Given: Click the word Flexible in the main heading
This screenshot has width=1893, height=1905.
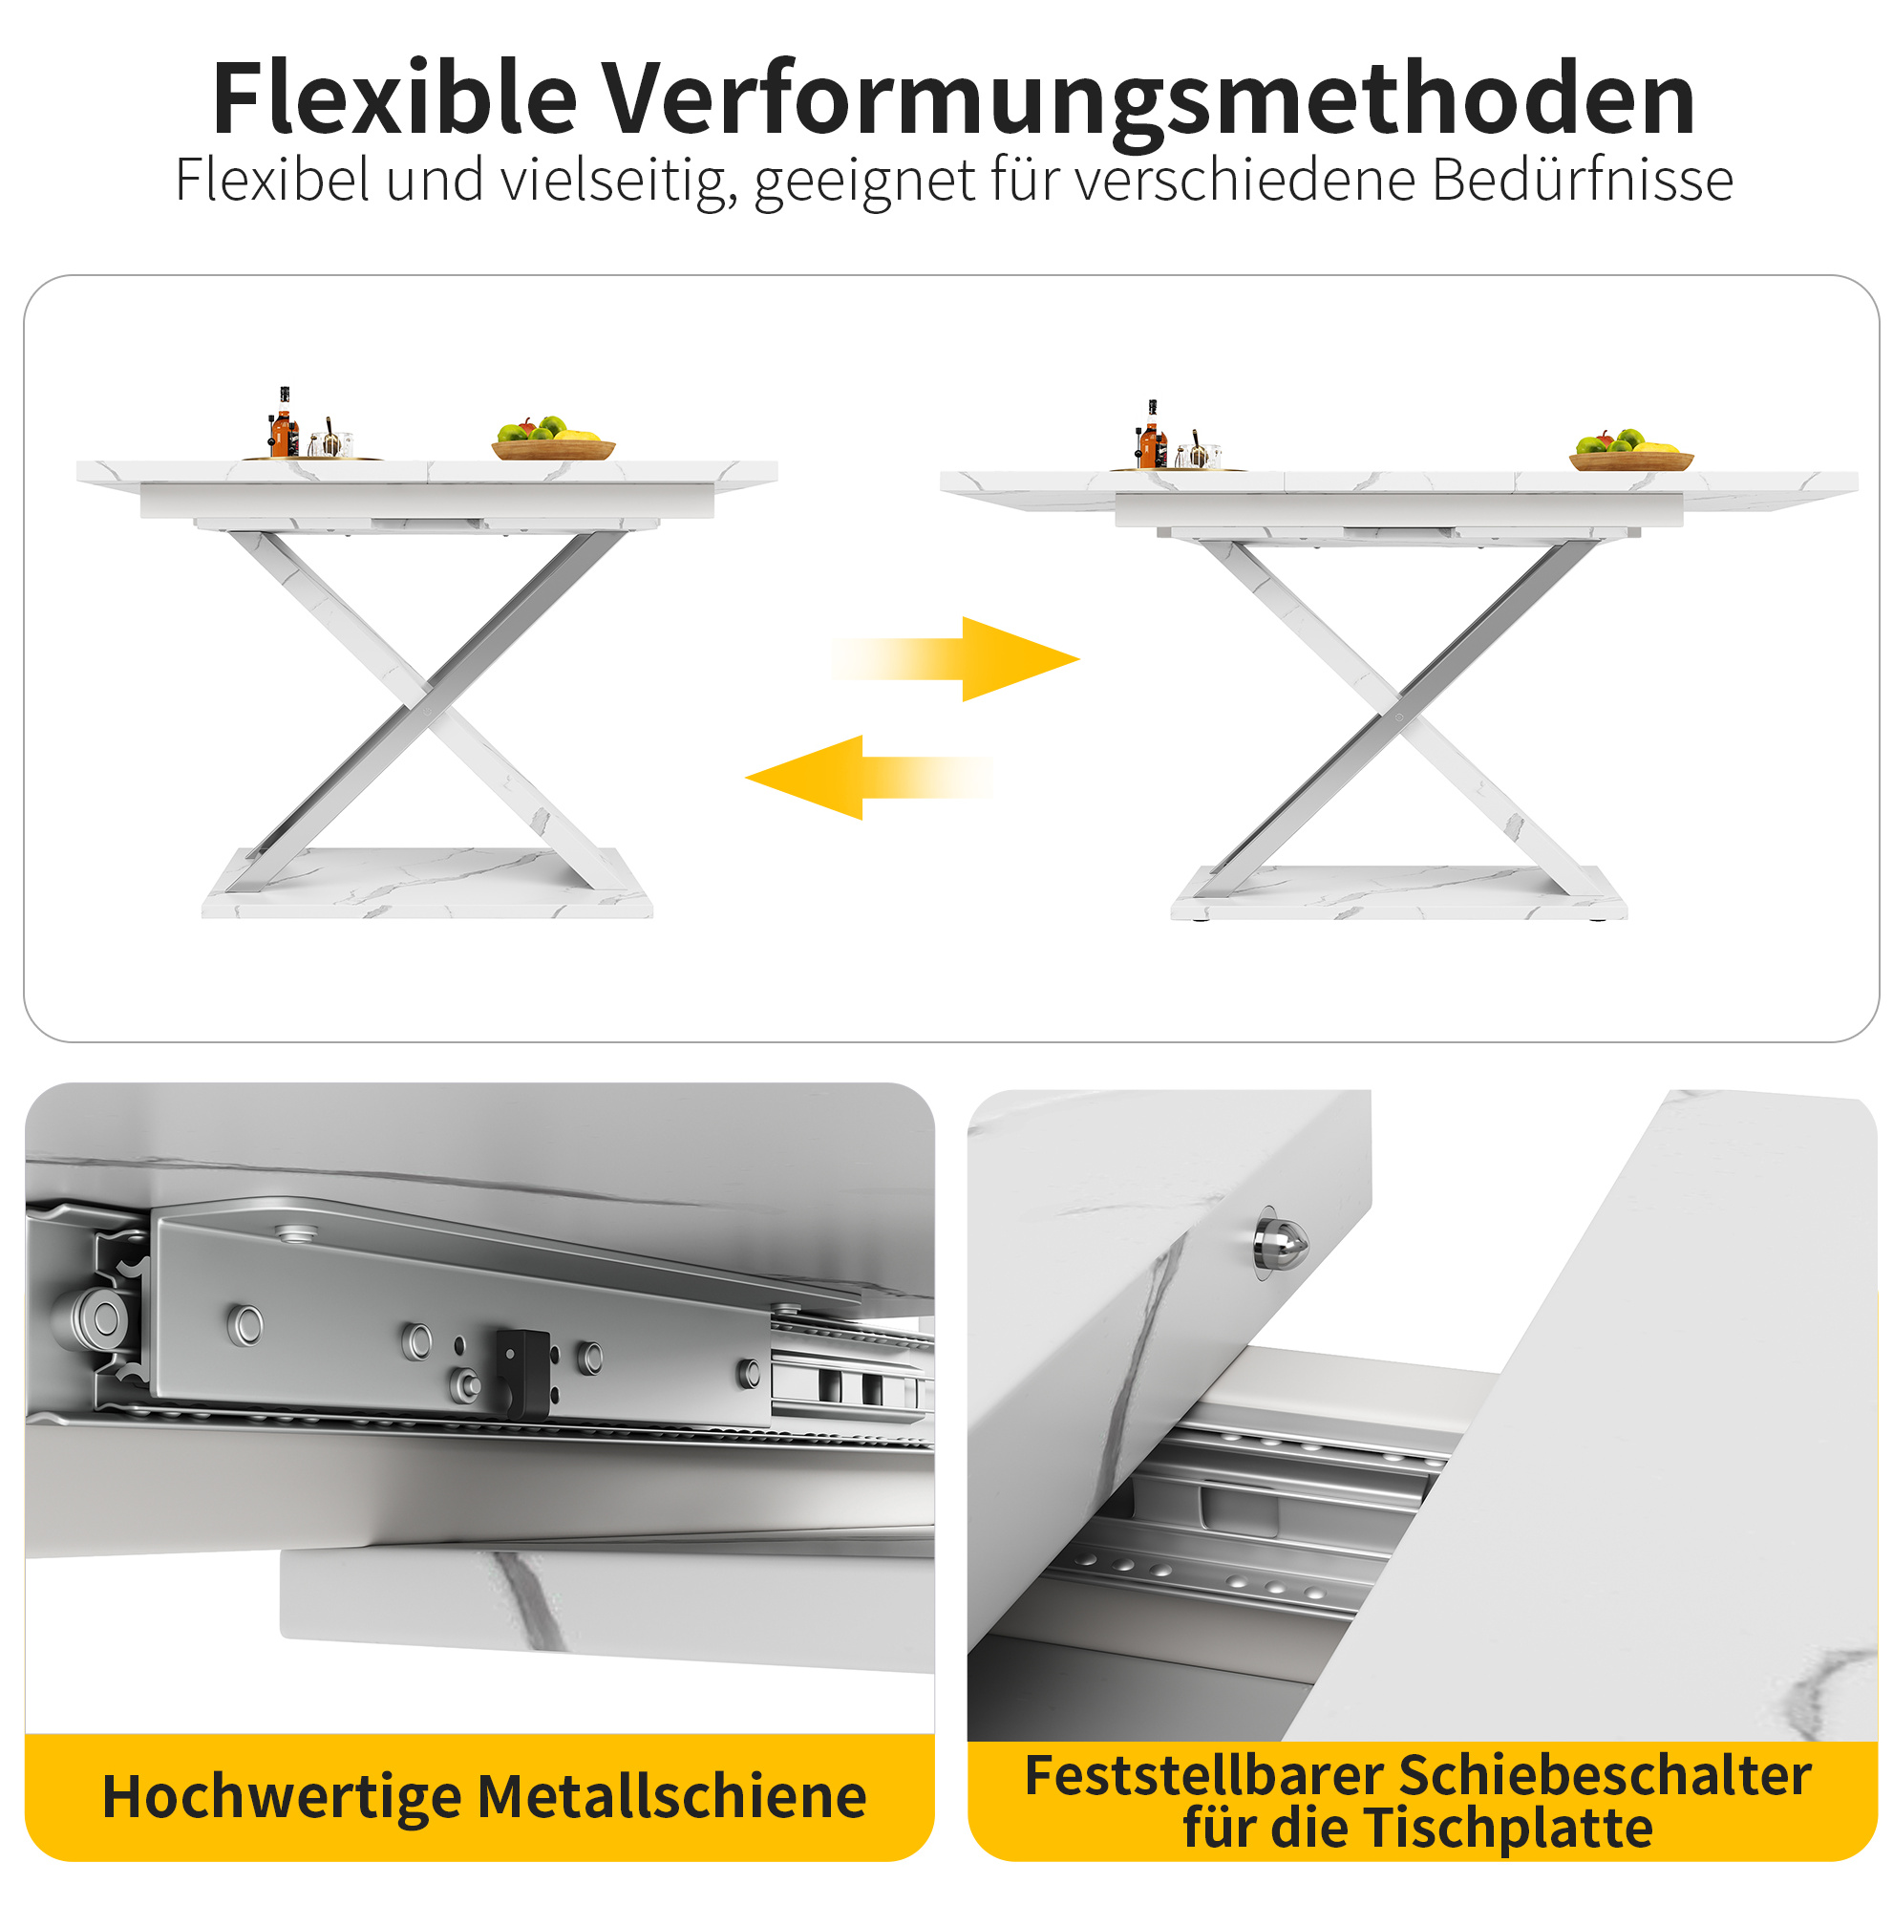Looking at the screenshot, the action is coord(394,98).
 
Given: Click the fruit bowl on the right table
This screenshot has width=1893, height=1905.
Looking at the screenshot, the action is coord(1630,453).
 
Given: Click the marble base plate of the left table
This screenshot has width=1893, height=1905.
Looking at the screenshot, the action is coord(427,883).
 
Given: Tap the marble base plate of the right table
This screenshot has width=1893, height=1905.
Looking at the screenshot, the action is coord(1399,892).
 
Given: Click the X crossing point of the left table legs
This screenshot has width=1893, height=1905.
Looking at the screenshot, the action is coord(428,694).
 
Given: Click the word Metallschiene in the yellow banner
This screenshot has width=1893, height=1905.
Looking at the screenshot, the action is coord(672,1796).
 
